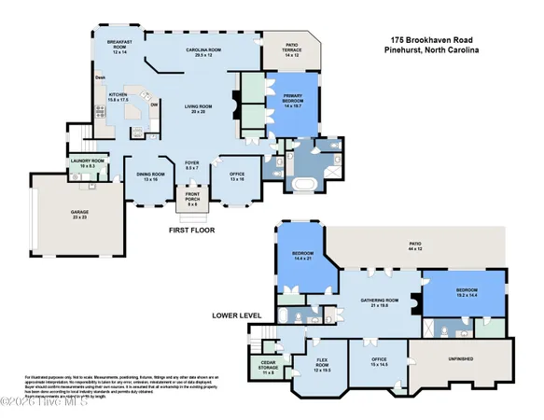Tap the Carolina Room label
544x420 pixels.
pyautogui.click(x=197, y=52)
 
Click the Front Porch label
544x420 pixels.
pyautogui.click(x=193, y=198)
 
